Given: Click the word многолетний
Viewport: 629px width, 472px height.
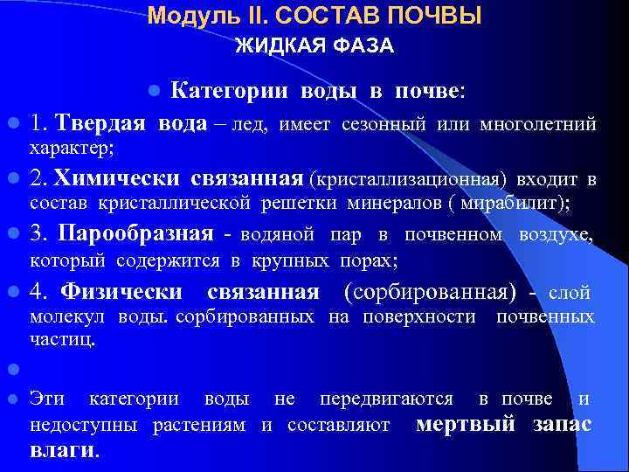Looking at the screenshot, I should click(x=538, y=125).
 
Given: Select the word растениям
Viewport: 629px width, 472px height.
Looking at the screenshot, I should click(x=204, y=426).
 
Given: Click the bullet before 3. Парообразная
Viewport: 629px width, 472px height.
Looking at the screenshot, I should click(x=13, y=234).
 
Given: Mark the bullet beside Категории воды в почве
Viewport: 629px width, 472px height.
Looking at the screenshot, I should click(x=154, y=90).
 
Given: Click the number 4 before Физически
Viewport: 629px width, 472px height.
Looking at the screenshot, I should click(x=38, y=291).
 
